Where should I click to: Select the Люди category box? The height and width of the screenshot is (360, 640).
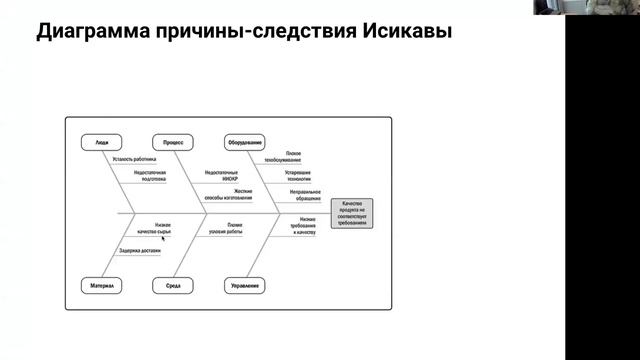point(102,143)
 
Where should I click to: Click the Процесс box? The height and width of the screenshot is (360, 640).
point(172,143)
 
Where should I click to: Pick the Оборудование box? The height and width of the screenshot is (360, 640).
point(245,143)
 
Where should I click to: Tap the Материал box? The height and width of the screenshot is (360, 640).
point(102,287)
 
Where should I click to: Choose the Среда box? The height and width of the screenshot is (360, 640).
point(172,287)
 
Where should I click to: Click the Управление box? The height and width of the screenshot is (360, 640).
point(245,287)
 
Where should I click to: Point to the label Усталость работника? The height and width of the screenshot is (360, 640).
point(136,159)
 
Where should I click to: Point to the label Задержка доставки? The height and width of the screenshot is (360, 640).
point(139,250)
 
